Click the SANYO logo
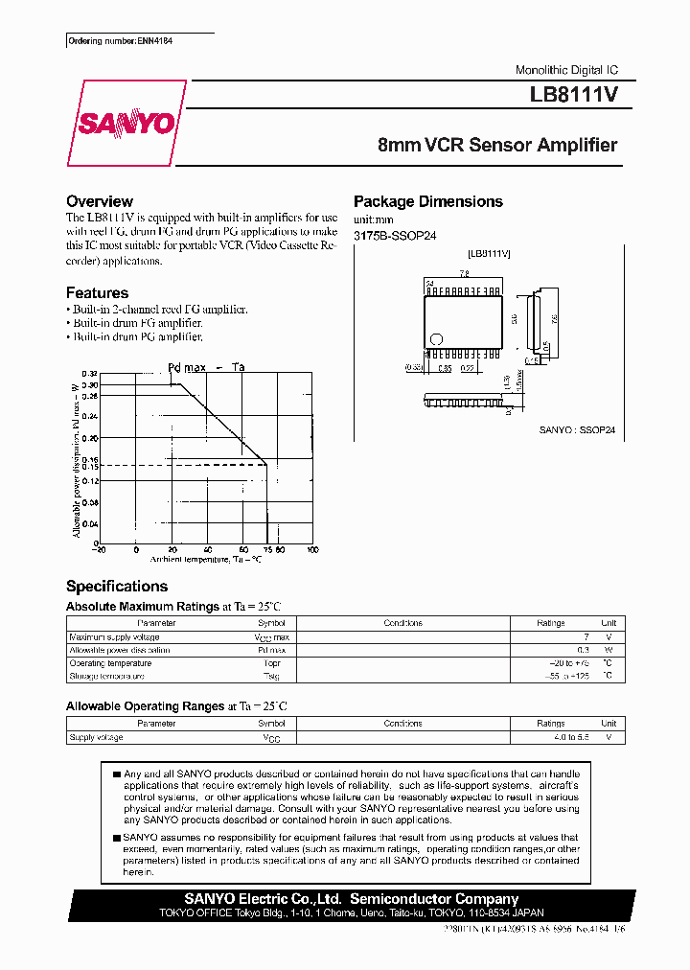tap(126, 123)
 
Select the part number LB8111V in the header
tap(573, 96)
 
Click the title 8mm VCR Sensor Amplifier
tap(497, 146)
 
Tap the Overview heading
tap(99, 201)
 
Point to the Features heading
tap(97, 292)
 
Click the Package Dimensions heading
tap(427, 201)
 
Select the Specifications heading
tap(116, 586)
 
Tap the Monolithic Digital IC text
tap(566, 71)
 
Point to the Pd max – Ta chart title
tap(206, 367)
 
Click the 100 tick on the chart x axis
tap(312, 549)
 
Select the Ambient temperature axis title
tap(205, 558)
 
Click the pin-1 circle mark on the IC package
tap(436, 338)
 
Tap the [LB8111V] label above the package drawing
tap(488, 253)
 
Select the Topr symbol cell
tap(272, 663)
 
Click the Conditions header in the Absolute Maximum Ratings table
tap(402, 623)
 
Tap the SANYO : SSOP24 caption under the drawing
tap(580, 430)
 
